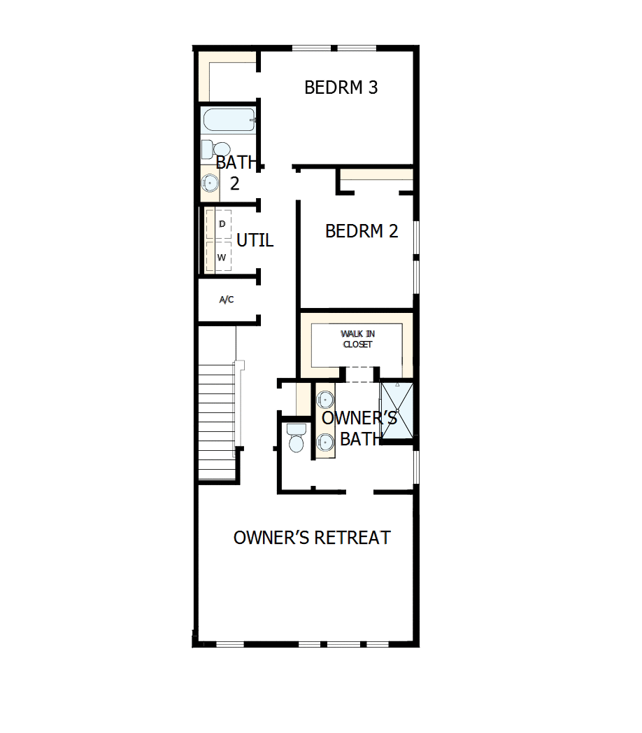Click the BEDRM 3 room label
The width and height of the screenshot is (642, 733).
(341, 88)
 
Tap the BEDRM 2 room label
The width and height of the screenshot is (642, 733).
(362, 231)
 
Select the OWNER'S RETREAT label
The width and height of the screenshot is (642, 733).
(312, 538)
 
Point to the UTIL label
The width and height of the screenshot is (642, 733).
(255, 241)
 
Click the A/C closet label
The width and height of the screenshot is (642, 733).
(227, 300)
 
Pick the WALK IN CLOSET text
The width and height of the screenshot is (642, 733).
(357, 340)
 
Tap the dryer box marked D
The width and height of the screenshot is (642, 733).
(222, 224)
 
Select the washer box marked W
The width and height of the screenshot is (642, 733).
(222, 257)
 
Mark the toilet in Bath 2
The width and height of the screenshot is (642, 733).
(217, 149)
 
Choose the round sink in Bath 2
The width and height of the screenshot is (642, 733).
(211, 183)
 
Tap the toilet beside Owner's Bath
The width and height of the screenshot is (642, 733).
(296, 439)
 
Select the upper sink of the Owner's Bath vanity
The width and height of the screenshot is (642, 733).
(324, 400)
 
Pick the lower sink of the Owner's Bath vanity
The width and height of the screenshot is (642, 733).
(324, 442)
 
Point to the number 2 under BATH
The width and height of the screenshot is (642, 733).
(235, 183)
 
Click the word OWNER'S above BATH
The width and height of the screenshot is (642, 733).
(359, 418)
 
